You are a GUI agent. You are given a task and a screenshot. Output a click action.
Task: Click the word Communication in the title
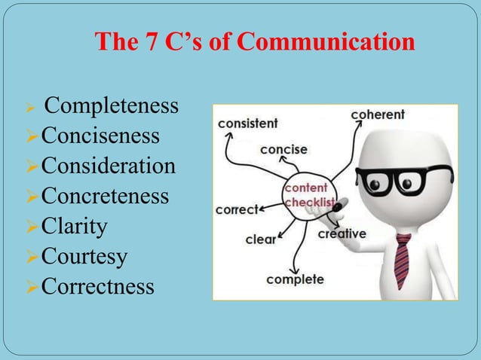click(326, 43)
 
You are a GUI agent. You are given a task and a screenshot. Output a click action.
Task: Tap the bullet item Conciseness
click(100, 136)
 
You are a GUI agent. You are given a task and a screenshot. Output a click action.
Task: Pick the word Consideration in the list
click(109, 166)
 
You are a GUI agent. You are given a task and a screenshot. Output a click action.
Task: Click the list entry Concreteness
click(105, 196)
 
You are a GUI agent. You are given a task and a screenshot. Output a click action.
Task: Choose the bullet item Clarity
click(75, 226)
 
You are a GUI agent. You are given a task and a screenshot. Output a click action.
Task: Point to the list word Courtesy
click(84, 256)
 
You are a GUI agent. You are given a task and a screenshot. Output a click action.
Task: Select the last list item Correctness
click(98, 286)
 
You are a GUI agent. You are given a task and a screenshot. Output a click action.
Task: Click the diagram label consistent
click(248, 122)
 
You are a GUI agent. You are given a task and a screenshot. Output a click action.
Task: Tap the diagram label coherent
click(378, 115)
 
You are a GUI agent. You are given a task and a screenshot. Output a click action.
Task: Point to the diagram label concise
click(283, 150)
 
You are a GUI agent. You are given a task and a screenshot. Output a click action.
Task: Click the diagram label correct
click(236, 209)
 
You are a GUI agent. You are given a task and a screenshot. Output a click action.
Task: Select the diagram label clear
click(260, 240)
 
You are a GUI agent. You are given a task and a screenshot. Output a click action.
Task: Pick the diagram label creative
click(342, 234)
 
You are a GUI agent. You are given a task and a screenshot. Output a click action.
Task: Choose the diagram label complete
click(295, 279)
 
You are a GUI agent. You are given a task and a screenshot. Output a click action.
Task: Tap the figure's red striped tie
click(403, 261)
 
